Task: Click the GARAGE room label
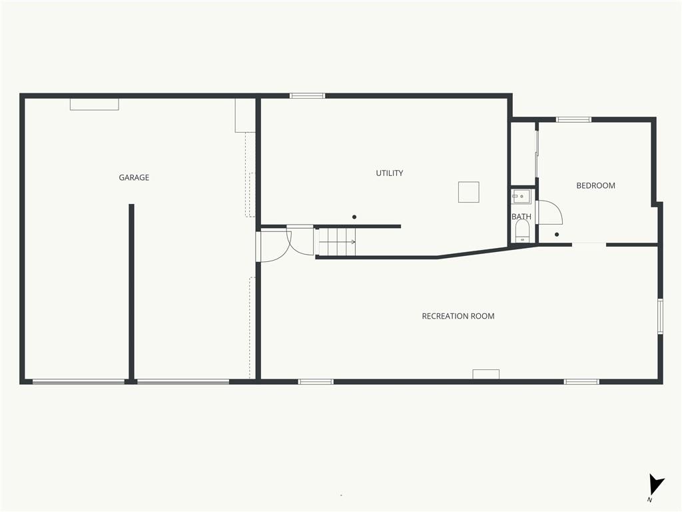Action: [x=134, y=177]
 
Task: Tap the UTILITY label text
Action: [x=389, y=173]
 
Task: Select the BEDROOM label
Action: [x=595, y=185]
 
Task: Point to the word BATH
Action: [x=521, y=217]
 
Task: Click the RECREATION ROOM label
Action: [x=458, y=316]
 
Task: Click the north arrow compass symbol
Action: [x=656, y=485]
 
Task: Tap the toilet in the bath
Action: [x=522, y=231]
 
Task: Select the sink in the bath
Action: [x=521, y=197]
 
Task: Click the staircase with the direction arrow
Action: [x=337, y=242]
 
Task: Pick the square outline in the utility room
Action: [x=468, y=192]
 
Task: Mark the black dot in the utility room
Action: [x=354, y=217]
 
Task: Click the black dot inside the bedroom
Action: [x=557, y=235]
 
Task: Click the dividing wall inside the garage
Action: [x=131, y=293]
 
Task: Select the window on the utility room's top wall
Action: [x=308, y=96]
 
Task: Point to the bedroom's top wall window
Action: [x=573, y=119]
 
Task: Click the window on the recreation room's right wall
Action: [x=660, y=317]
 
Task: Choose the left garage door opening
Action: [x=79, y=382]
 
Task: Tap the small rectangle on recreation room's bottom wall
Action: [x=486, y=374]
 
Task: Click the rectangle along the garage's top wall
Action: [x=95, y=105]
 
